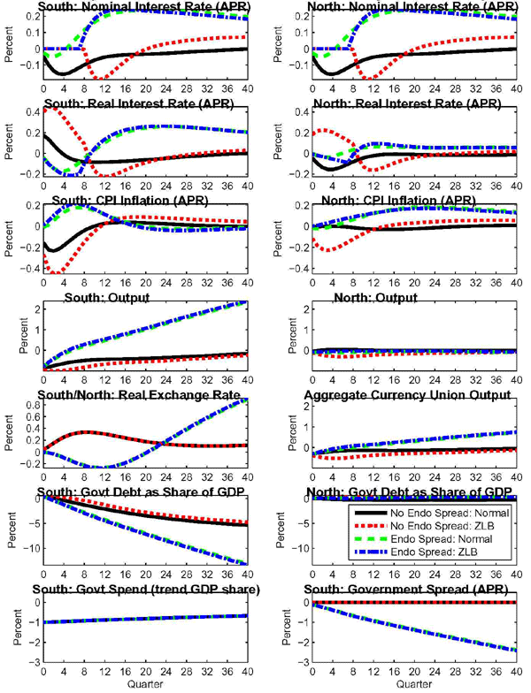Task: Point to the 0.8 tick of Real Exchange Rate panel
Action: (33, 406)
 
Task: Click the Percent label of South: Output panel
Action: (12, 337)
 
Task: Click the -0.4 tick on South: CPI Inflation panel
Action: (30, 269)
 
